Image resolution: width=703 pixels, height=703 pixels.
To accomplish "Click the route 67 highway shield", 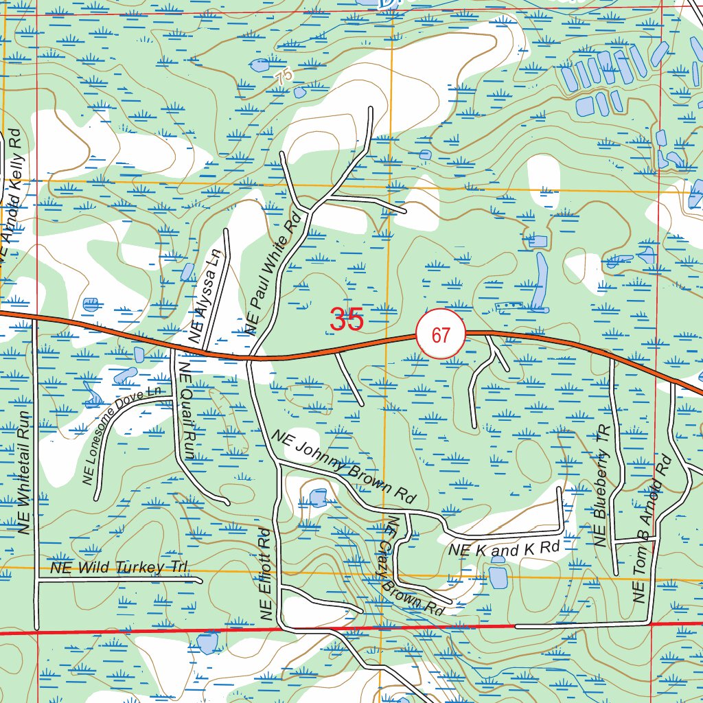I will click(x=440, y=334).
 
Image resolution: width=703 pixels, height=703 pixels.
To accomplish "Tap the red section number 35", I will click(x=346, y=319).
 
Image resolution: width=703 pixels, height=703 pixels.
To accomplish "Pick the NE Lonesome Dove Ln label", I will click(x=121, y=436).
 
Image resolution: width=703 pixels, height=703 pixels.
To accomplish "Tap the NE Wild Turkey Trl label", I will click(x=119, y=568).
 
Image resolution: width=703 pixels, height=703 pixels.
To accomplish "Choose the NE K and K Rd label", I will click(x=504, y=549).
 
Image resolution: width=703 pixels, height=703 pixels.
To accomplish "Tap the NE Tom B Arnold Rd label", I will click(x=650, y=529).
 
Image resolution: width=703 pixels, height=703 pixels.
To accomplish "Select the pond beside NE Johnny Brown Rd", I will click(x=318, y=498).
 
